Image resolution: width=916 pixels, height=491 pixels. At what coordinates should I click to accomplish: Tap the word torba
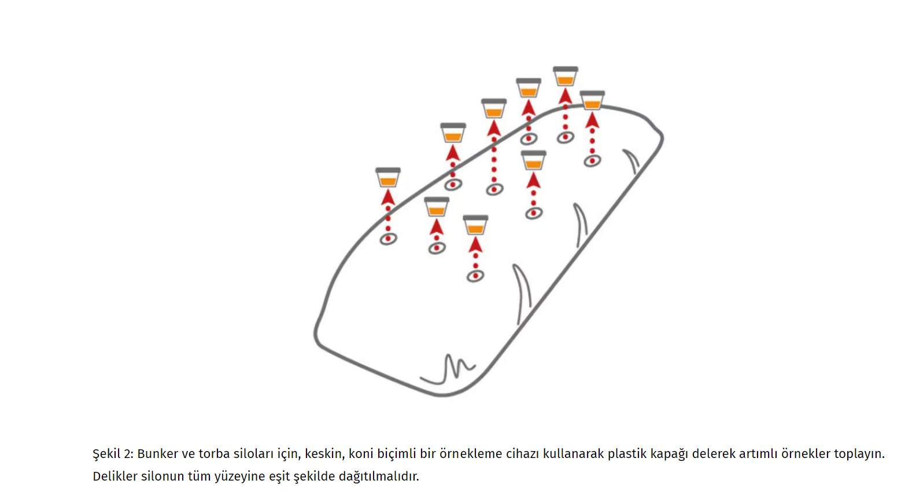[x=214, y=454]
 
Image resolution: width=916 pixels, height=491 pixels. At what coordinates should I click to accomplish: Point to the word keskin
[x=324, y=454]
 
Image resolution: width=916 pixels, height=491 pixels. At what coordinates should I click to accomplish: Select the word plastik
[x=626, y=454]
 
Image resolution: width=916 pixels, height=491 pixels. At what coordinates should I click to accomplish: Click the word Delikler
[x=114, y=477]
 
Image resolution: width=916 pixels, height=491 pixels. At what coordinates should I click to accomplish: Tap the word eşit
[x=280, y=477]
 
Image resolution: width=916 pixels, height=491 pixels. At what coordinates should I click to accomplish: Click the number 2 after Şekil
[x=128, y=454]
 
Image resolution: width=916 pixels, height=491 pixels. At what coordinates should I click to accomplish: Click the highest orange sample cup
[x=566, y=76]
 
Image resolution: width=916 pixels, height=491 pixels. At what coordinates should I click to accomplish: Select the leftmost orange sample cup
[x=388, y=177]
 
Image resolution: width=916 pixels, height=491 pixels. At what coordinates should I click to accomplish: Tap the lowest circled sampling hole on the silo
[x=475, y=276]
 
